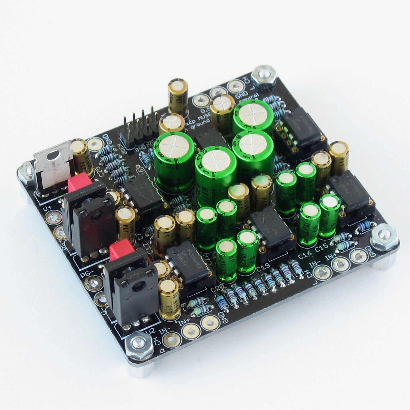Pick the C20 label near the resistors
tap(218, 289)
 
